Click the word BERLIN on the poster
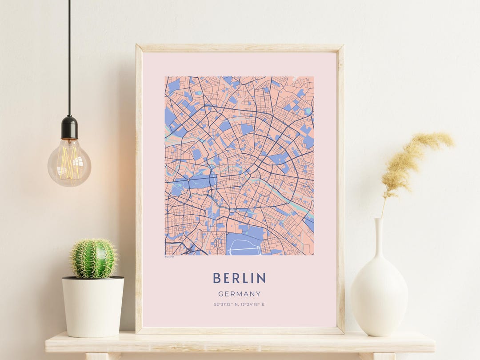pos(239,278)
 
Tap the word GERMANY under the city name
pos(239,294)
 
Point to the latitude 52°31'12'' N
pos(225,304)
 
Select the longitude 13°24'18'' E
pos(253,304)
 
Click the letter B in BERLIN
pos(216,278)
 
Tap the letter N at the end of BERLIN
pos(261,278)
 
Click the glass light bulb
pos(69,163)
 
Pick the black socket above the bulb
pos(69,128)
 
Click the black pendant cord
pos(69,58)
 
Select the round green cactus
pos(93,259)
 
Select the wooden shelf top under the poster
pos(240,343)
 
